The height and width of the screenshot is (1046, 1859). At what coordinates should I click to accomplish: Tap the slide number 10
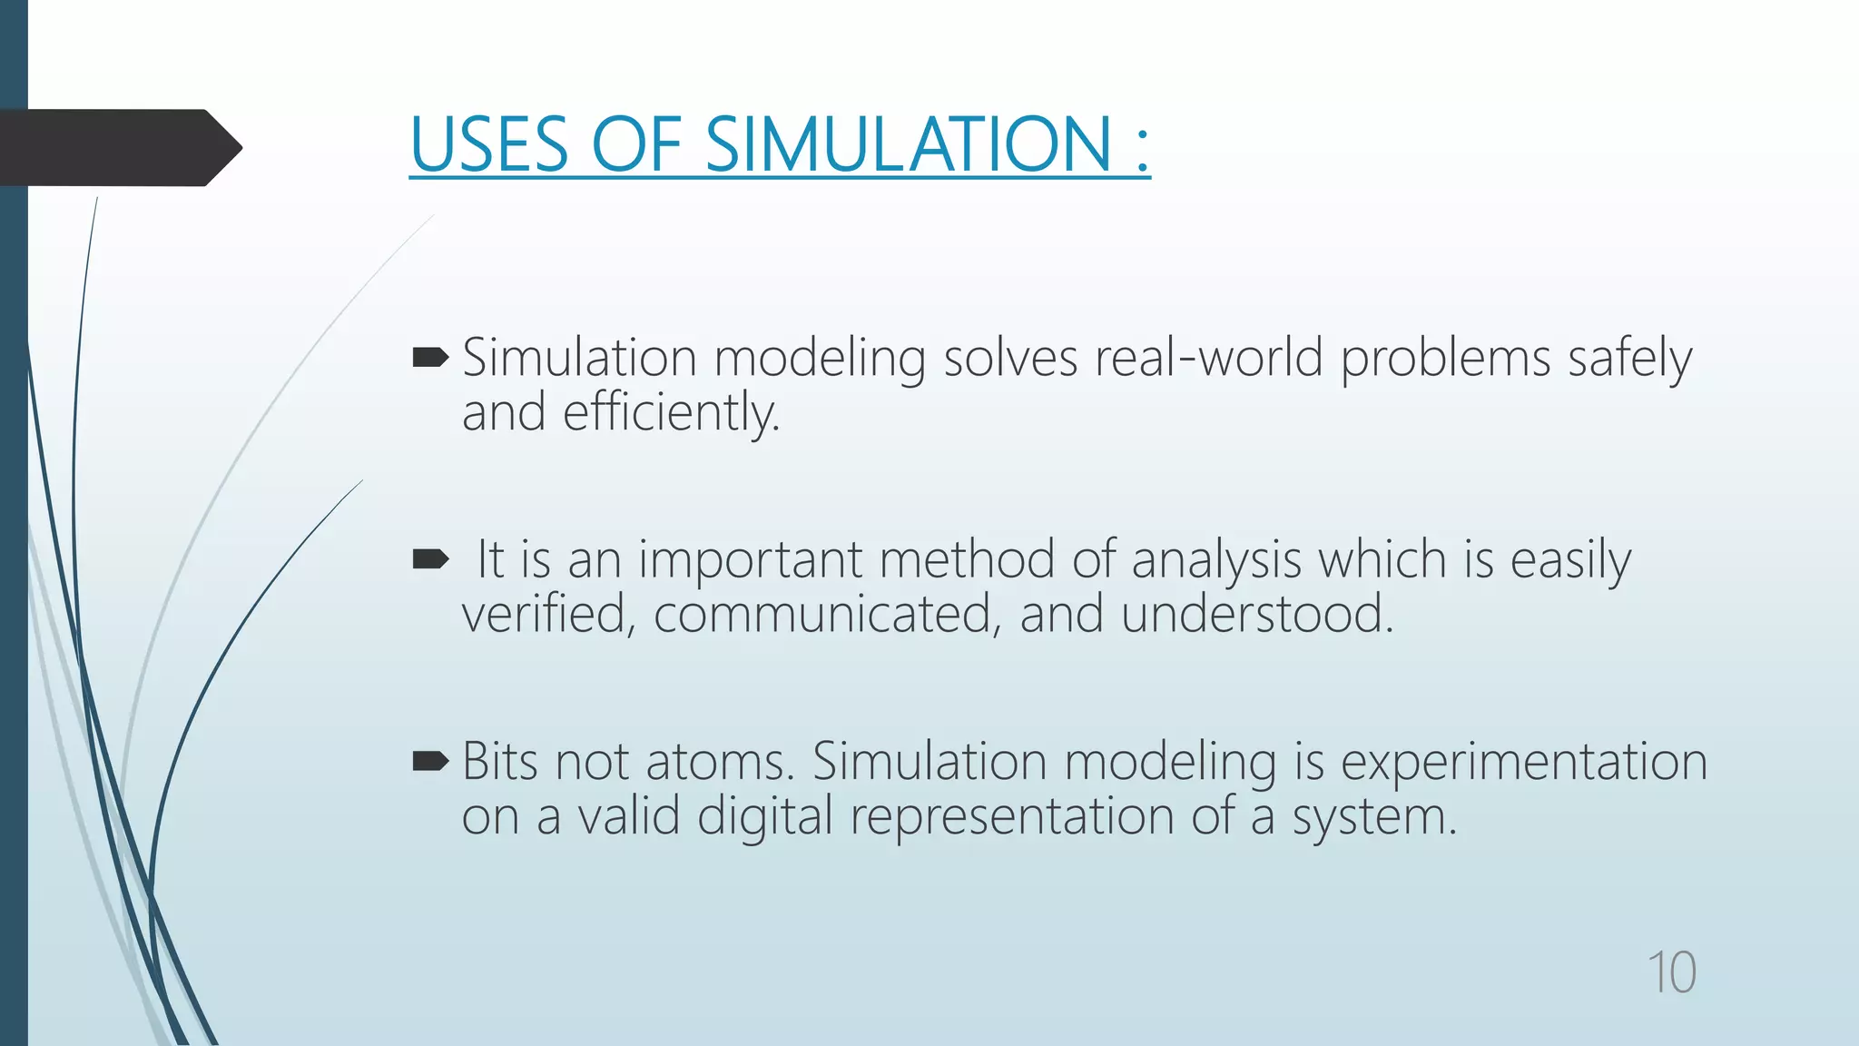1671,972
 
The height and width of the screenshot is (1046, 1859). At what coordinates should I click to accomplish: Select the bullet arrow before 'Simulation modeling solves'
430,358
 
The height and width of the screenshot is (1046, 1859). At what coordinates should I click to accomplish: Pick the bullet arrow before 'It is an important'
430,559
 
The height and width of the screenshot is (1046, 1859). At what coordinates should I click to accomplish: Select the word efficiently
670,413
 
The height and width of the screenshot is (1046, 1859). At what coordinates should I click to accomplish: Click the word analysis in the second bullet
1216,560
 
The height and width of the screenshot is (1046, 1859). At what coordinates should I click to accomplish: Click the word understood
1256,615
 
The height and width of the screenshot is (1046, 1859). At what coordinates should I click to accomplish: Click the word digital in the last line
764,817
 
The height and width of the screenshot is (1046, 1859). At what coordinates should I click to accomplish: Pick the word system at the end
1373,817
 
